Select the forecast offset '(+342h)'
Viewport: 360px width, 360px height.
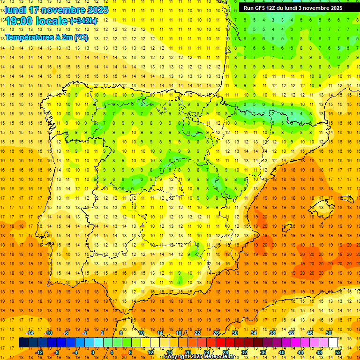pos(83,21)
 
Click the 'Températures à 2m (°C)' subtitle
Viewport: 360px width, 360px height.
pos(46,37)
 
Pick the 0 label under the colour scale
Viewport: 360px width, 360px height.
pos(92,352)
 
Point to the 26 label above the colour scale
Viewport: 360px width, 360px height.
pos(216,333)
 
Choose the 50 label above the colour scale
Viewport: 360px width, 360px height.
pos(329,333)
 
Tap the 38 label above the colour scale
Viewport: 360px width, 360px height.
pos(272,333)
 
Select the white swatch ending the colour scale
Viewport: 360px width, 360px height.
pos(333,343)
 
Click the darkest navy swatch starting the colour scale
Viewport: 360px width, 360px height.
pos(23,343)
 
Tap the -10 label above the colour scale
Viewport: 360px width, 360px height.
pos(48,333)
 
